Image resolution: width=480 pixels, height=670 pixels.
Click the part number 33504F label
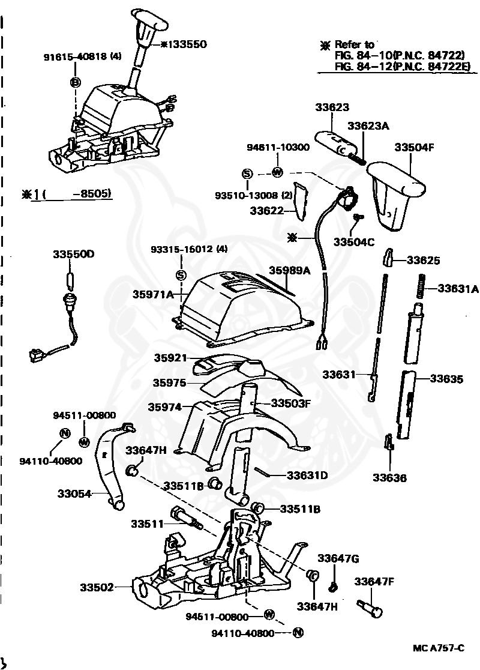pos(413,147)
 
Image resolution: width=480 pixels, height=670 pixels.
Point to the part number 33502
pos(97,587)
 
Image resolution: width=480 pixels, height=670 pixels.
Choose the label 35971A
pos(152,294)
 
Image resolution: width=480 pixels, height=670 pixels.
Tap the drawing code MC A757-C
pos(438,648)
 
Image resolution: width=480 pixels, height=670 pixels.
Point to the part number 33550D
pos(72,254)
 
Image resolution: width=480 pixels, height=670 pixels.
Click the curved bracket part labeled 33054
pos(111,468)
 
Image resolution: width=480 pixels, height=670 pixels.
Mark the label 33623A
pos(368,125)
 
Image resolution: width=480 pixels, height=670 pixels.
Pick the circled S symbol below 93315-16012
pos(179,275)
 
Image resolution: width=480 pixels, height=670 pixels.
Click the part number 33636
pos(389,478)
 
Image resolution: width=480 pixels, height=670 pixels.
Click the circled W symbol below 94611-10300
pos(277,172)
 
